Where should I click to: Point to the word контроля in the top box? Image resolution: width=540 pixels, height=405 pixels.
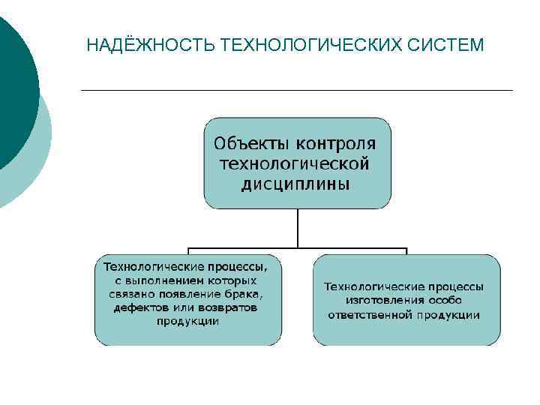336,142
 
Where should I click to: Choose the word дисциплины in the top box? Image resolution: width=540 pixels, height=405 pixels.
295,184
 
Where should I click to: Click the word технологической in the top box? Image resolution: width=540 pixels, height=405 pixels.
295,163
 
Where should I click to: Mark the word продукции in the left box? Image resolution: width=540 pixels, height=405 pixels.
187,321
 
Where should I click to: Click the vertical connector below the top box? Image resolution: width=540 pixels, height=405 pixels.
298,227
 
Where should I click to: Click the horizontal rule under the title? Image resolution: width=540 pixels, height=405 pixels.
296,91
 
